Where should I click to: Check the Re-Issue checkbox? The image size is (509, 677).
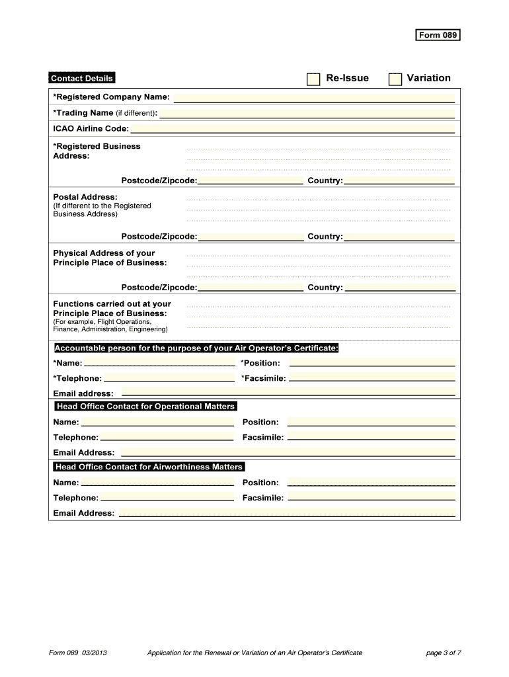313,79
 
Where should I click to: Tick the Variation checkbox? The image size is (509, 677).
395,79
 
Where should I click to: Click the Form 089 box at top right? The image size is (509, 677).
437,35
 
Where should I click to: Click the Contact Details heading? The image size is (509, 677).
82,79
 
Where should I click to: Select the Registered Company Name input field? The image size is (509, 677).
314,98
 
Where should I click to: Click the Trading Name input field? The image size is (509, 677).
307,113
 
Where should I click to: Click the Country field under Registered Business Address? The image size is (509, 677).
399,180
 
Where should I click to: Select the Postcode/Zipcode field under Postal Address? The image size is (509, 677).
251,236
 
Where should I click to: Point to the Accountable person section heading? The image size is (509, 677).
196,348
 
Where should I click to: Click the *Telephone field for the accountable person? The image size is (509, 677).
169,378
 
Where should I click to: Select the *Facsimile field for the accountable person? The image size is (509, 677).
372,378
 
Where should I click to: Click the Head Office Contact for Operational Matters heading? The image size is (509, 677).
146,406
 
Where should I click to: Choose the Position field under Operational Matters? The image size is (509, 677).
371,422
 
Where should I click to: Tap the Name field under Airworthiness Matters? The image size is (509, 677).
158,483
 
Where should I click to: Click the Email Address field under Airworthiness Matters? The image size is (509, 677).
286,513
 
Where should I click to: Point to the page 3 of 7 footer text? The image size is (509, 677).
443,653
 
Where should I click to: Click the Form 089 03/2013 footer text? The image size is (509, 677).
78,653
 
